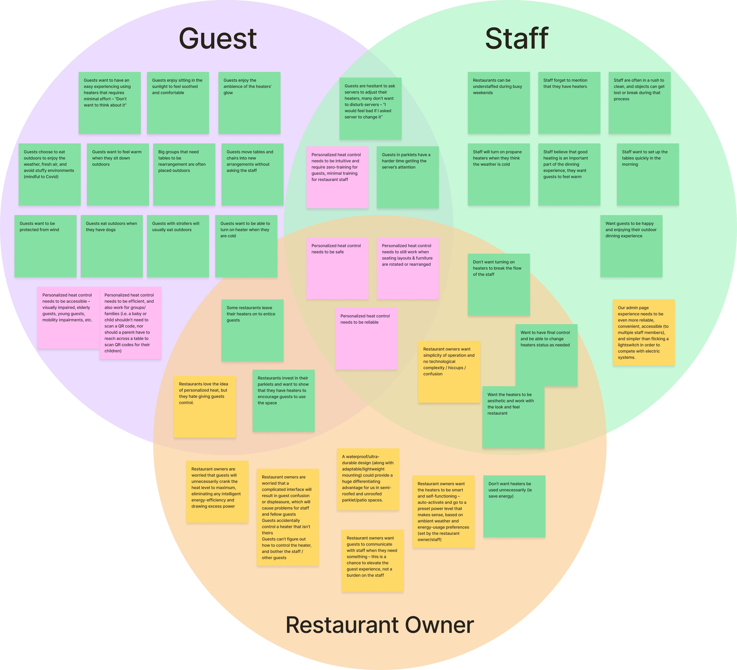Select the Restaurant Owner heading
(379, 625)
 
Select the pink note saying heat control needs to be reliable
(366, 338)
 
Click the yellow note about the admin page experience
(643, 332)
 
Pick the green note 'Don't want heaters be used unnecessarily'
(514, 506)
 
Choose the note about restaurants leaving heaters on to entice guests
(252, 330)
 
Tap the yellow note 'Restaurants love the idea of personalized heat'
(205, 406)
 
